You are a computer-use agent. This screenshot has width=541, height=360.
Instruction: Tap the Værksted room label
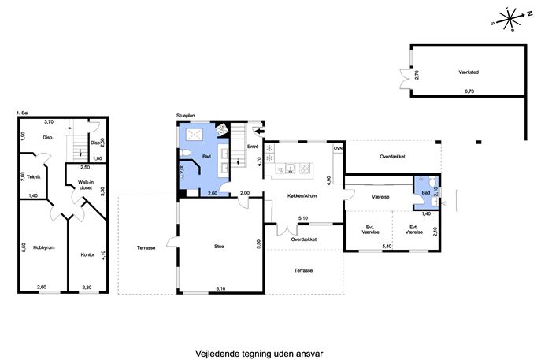(x=469, y=72)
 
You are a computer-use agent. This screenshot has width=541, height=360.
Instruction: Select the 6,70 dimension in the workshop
(x=469, y=91)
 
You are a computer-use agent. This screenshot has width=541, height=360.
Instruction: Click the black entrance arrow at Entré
(x=260, y=132)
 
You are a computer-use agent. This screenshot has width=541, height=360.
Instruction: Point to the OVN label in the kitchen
(x=338, y=148)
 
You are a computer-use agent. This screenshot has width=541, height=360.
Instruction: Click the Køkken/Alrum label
(x=302, y=195)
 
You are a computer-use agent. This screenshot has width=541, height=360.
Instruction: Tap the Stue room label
(x=219, y=246)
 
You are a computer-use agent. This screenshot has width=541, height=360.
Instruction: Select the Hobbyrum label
(x=44, y=247)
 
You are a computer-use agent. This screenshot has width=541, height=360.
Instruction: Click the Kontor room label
(x=87, y=254)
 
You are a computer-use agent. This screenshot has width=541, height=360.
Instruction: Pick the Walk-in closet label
(x=86, y=185)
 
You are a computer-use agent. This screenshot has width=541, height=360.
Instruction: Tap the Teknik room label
(x=33, y=176)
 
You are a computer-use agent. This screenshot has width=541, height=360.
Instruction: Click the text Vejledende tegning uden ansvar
(x=259, y=354)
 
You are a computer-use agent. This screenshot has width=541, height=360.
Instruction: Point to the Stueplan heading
(x=185, y=116)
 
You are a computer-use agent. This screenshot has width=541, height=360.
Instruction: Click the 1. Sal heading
(x=23, y=113)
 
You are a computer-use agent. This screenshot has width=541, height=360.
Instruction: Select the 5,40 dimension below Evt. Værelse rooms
(x=387, y=246)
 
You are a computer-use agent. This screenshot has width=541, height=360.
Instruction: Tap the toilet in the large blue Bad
(x=185, y=154)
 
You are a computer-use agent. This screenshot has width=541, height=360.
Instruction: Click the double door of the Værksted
(x=404, y=79)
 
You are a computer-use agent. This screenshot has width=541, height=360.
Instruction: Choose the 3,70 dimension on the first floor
(x=49, y=121)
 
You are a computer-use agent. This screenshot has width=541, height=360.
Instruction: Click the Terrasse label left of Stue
(x=146, y=248)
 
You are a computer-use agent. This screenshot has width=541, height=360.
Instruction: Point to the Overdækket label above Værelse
(x=392, y=156)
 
